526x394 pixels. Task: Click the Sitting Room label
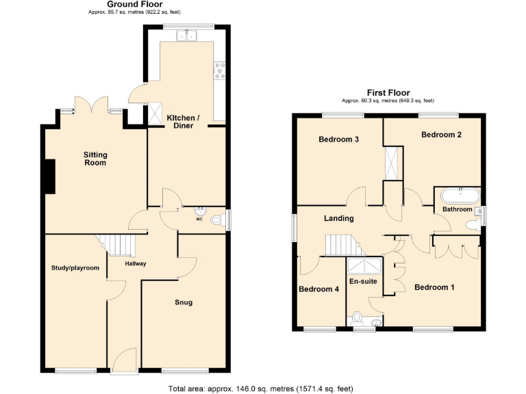coord(95,159)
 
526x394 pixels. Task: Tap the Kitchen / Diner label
coord(184,122)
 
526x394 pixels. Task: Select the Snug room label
coord(183,302)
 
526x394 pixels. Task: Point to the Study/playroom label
coord(75,267)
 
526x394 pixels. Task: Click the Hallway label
coord(135,263)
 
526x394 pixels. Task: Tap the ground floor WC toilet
coord(217,220)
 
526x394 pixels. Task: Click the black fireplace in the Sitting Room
coord(49,176)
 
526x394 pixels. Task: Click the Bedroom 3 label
coord(339,140)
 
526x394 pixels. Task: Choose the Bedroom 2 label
coord(440,135)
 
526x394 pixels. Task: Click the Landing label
coord(338,218)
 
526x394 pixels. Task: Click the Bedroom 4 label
coord(318,289)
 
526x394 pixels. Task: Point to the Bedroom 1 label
coord(434,287)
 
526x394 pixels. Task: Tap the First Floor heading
coord(388,92)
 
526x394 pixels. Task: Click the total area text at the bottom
coord(260,389)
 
